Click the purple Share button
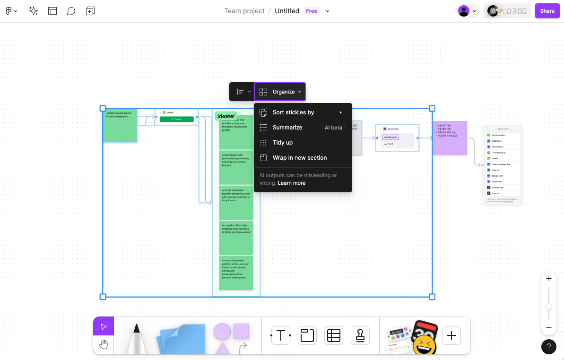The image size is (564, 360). pos(547,11)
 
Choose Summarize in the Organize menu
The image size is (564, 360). pos(287,128)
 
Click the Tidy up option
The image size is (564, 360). pos(283,143)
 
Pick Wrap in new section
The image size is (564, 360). pos(300,158)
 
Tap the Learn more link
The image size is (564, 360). pos(292,183)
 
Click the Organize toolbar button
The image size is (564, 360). pos(280,92)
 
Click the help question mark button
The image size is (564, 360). pos(548,347)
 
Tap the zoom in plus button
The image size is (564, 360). pos(548,279)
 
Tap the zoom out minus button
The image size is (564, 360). pos(548,327)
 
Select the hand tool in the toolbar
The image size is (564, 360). pos(104,344)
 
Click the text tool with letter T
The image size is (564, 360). pos(281,335)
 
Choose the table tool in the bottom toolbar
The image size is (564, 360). pos(334,335)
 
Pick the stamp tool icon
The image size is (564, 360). pos(360,335)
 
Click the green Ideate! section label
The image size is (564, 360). pos(226,116)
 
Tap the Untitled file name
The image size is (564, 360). pos(287,11)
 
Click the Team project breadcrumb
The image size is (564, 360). pos(244,11)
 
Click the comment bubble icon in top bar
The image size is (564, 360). pos(71,11)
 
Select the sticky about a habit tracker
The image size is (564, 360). pos(236,167)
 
